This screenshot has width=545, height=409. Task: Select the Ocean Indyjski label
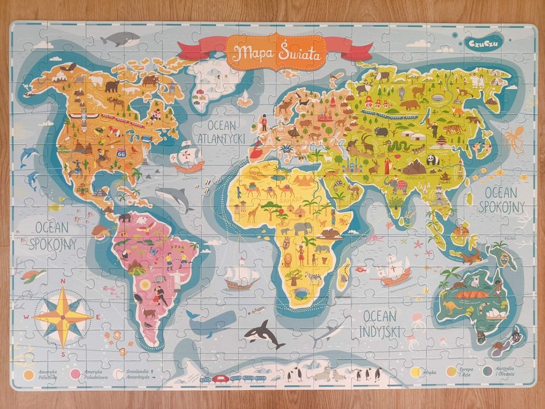pyautogui.click(x=381, y=323)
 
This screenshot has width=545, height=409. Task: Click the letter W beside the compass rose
pyautogui.click(x=26, y=317)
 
